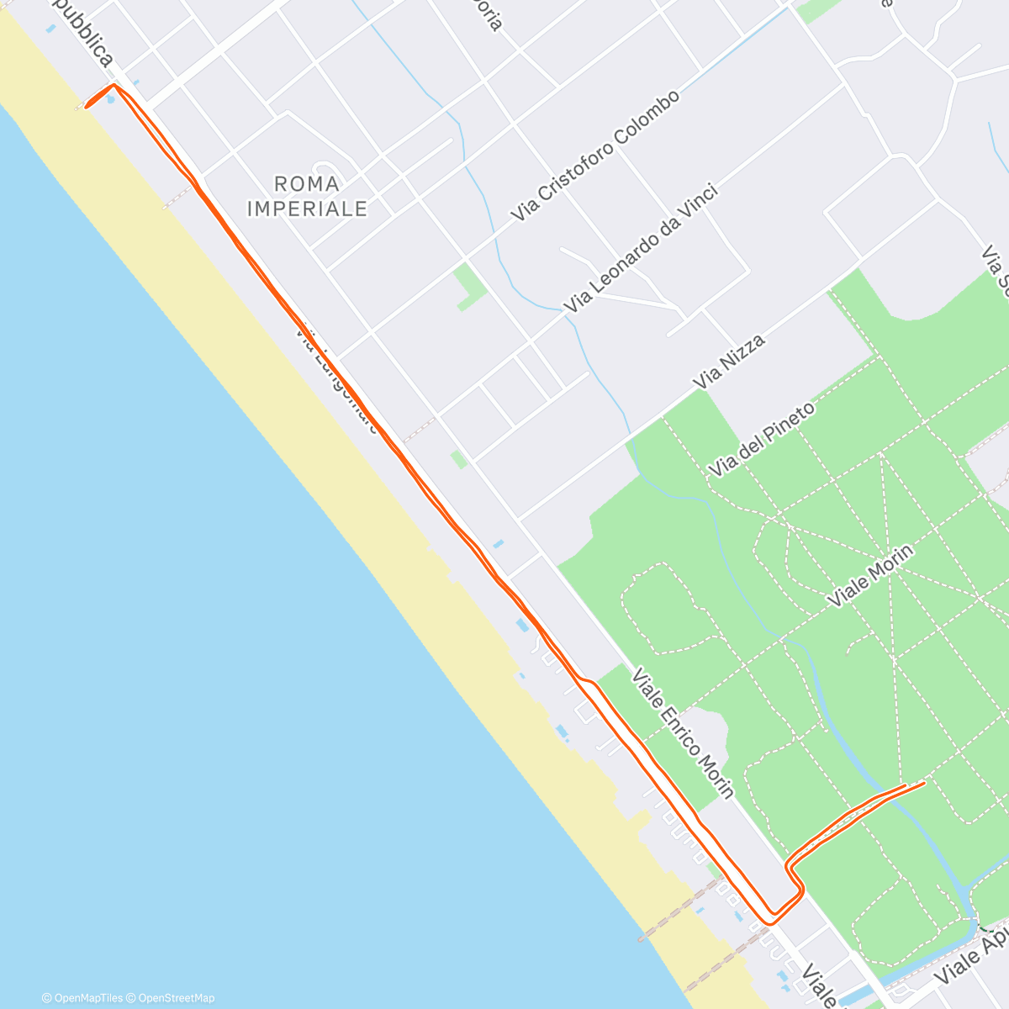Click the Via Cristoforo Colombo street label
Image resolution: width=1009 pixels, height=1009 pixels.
coord(595,156)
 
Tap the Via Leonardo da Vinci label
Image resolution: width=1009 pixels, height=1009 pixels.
coord(642,248)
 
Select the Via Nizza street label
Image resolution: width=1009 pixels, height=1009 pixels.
coord(728,362)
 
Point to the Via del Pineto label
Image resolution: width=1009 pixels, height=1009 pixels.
coord(762,440)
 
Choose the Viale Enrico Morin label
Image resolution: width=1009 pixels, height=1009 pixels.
coord(683,732)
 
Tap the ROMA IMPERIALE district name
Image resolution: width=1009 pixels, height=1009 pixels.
coord(307,195)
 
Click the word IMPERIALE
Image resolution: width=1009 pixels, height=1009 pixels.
coord(307,209)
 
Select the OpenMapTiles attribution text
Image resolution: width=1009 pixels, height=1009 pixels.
coord(82,998)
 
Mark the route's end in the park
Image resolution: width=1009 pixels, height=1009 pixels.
coord(923,784)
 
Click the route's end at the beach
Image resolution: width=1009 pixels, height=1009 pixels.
coord(87,106)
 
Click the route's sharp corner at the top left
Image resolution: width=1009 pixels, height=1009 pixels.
coord(115,85)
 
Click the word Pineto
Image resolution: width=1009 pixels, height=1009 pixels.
coord(785,424)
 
